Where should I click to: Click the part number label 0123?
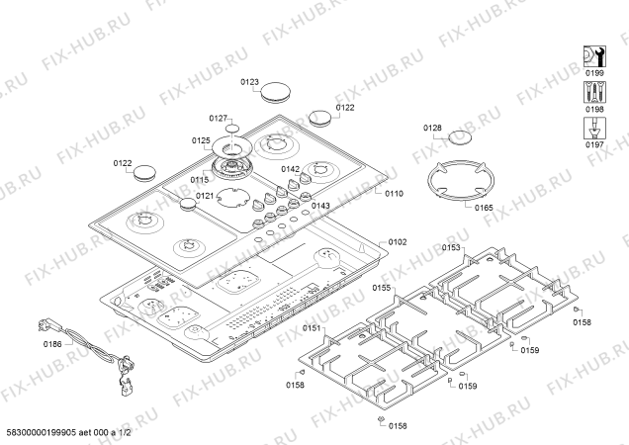[250, 82]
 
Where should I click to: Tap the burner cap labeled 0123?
[274, 94]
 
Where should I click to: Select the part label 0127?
[219, 118]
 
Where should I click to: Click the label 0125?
[202, 141]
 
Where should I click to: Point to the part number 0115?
[200, 179]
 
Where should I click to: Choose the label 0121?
[205, 196]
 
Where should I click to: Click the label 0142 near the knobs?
[290, 169]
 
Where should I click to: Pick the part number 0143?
[320, 206]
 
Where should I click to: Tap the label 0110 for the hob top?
[394, 193]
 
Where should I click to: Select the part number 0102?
[398, 241]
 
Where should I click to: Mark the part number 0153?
[452, 248]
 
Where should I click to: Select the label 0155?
[382, 288]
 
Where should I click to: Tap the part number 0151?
[313, 327]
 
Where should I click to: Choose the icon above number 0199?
[594, 55]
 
